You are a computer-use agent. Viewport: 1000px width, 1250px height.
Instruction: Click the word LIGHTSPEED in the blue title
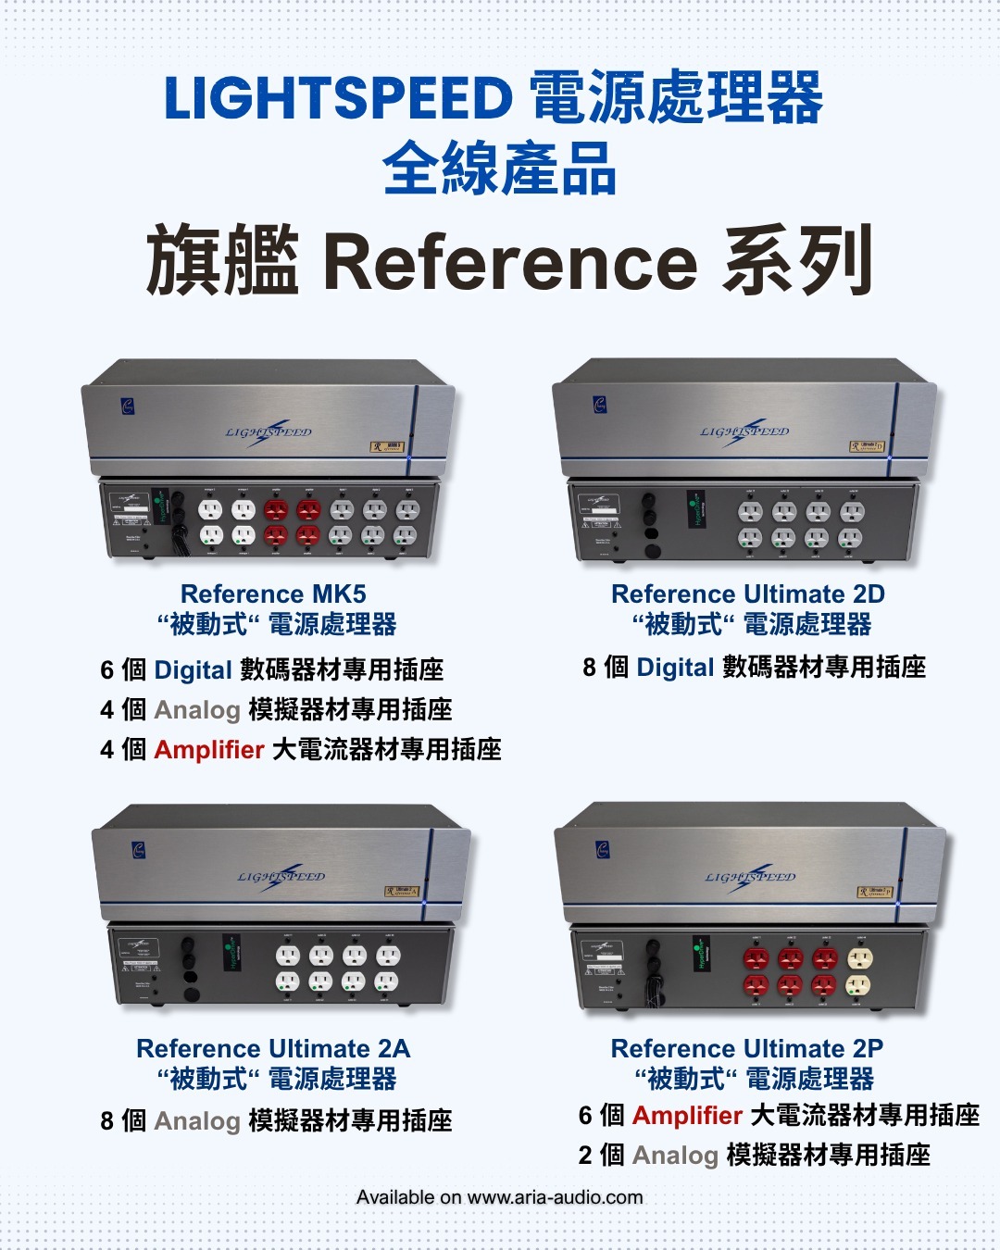(x=338, y=99)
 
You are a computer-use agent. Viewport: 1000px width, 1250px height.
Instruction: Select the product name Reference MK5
(x=273, y=594)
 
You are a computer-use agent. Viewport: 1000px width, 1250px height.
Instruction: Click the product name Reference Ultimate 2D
(x=748, y=594)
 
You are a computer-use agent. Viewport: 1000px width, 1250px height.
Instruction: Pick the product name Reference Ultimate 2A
(x=273, y=1048)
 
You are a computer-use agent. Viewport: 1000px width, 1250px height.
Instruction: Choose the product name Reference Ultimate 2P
(x=747, y=1048)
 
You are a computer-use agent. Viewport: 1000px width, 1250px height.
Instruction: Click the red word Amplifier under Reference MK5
(x=209, y=749)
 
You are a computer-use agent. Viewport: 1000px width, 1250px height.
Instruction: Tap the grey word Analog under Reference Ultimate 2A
(x=197, y=1120)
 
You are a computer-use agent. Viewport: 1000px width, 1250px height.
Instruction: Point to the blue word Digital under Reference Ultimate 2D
(x=675, y=667)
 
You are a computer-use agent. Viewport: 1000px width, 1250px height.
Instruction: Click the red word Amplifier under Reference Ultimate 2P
(x=687, y=1115)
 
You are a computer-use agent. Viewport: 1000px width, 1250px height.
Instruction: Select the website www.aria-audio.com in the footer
(x=555, y=1197)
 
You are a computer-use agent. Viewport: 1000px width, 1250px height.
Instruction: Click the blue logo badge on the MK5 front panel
(x=129, y=405)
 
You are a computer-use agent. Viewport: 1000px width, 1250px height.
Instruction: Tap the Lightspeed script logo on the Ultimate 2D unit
(x=744, y=432)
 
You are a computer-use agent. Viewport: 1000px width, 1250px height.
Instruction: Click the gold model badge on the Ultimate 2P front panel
(x=875, y=892)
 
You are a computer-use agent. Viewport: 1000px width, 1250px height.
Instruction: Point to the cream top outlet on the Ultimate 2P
(x=859, y=959)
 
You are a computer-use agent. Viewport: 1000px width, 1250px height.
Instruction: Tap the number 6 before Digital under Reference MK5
(x=107, y=669)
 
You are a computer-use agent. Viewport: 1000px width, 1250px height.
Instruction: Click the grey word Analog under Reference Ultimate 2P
(x=675, y=1155)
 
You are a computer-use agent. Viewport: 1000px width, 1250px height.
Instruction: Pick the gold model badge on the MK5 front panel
(x=388, y=446)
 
